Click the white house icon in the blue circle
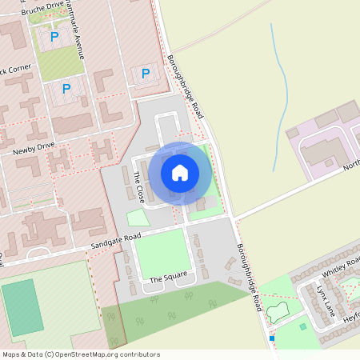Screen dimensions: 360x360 [x=179, y=172]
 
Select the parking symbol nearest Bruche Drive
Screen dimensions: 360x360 [x=54, y=36]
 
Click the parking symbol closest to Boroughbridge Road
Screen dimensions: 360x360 [x=145, y=74]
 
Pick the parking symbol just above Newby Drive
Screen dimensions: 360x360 [x=66, y=89]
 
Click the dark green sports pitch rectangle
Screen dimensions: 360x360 [x=22, y=307]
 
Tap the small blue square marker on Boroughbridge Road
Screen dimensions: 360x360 [x=272, y=338]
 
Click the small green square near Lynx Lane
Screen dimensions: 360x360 [x=302, y=326]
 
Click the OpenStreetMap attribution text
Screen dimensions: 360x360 [x=80, y=354]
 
